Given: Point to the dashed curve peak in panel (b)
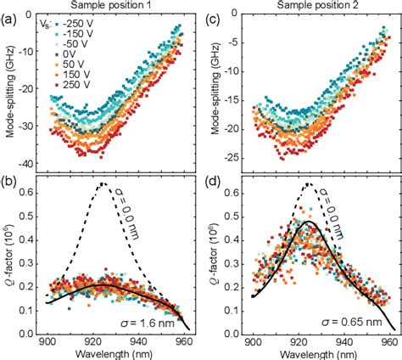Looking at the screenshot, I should tap(103, 183).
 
